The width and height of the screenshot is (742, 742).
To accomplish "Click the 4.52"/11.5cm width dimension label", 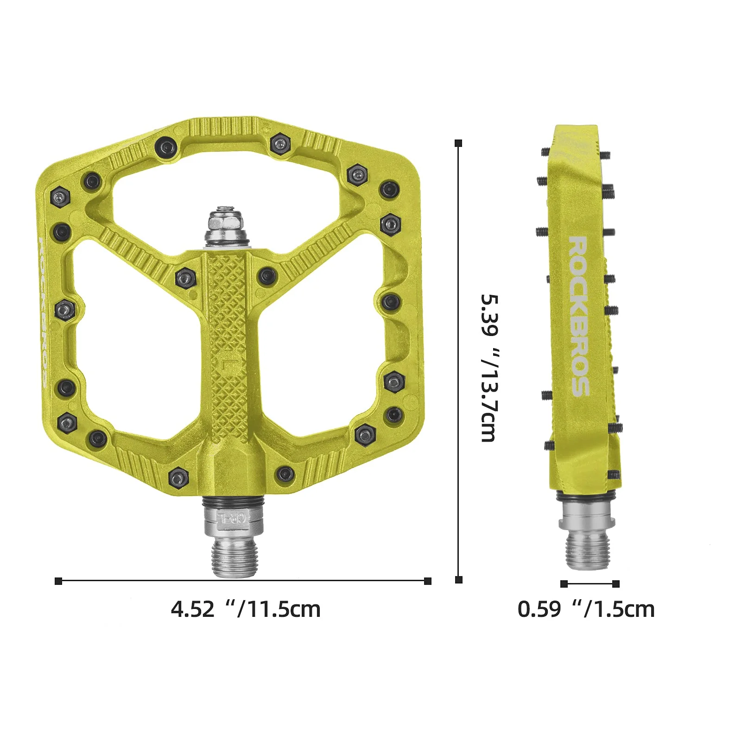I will [x=246, y=609].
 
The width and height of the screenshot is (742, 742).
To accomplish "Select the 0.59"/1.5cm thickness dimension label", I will [x=586, y=609].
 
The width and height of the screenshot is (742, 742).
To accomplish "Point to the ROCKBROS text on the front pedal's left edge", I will [x=42, y=312].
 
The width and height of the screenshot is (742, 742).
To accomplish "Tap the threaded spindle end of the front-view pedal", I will [x=234, y=558].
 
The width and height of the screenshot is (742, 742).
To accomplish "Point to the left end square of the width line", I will [x=58, y=581].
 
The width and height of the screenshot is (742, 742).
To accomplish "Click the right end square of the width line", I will [x=428, y=581].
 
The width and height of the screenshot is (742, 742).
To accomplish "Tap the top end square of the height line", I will [x=458, y=143].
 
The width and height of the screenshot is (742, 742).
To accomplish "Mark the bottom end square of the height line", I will [x=458, y=579].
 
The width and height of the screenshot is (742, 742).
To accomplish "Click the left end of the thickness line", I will [x=564, y=583].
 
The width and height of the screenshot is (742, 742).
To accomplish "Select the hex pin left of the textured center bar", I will [x=185, y=278].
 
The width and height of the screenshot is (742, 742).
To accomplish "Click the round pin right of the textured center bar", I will [x=267, y=276].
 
